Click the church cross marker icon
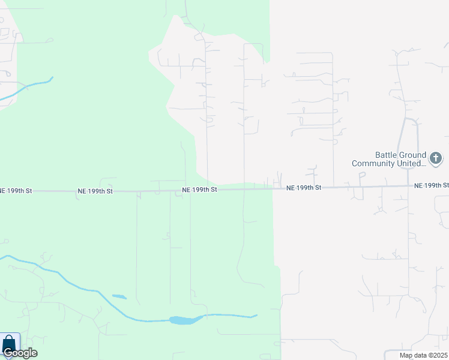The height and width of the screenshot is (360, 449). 436,159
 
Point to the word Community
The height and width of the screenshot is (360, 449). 373,163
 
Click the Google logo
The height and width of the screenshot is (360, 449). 20,353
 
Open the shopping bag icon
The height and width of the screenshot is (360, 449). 9,344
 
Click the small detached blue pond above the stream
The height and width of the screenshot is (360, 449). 119,296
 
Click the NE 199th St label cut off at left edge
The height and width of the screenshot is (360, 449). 16,190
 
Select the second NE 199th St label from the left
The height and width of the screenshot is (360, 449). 95,191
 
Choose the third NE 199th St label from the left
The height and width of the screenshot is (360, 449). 199,190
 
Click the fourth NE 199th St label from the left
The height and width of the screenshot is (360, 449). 304,188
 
